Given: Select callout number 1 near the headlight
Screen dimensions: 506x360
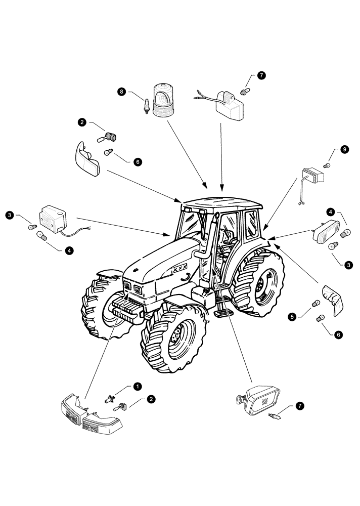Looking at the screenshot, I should (137, 386).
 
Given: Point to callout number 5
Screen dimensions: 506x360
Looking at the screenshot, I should (292, 317).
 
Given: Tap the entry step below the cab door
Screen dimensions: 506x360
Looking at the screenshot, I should (220, 313).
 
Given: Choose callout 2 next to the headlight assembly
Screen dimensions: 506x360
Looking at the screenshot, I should (151, 400).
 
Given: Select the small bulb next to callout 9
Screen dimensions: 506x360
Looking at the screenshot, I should (327, 165).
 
